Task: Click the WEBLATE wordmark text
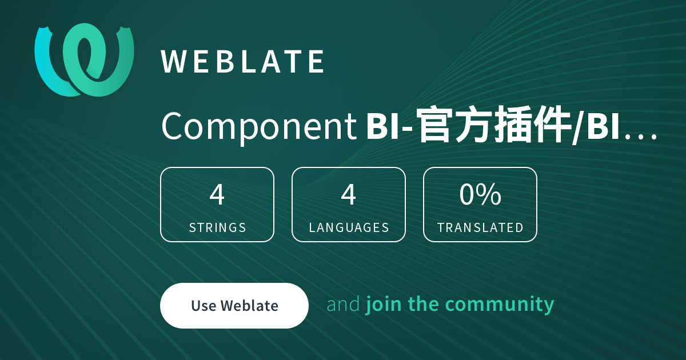242,62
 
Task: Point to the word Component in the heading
259,126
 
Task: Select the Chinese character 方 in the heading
474,125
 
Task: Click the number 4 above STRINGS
217,194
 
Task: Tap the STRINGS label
217,228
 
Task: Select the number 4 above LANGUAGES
349,194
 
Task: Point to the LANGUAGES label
349,228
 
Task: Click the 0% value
480,194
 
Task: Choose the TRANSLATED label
480,228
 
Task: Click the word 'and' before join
344,304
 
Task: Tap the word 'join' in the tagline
384,305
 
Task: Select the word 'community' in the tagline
500,305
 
